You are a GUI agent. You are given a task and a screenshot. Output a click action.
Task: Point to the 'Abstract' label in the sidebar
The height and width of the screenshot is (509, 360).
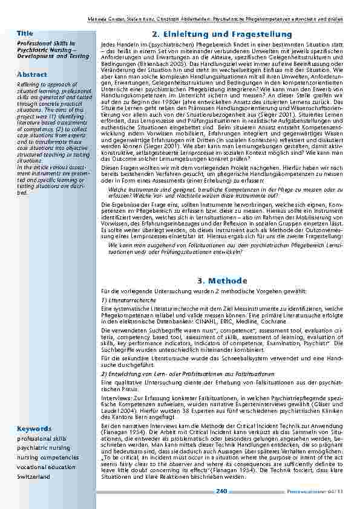click(x=32, y=74)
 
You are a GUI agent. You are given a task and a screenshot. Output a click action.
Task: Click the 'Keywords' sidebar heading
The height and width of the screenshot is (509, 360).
click(x=34, y=429)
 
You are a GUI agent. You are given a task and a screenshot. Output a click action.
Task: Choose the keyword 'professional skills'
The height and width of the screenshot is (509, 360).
click(x=42, y=438)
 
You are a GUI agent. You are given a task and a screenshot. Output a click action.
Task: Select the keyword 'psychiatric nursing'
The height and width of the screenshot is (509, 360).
click(x=42, y=448)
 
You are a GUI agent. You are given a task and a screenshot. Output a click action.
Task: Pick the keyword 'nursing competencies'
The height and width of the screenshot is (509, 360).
click(x=46, y=458)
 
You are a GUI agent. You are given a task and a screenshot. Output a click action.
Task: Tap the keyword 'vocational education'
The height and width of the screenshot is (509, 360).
click(x=47, y=467)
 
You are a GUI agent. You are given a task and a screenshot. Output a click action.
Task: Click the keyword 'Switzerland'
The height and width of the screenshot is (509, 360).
click(x=34, y=477)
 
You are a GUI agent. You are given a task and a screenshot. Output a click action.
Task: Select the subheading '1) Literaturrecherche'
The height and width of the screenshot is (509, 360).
click(x=125, y=300)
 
